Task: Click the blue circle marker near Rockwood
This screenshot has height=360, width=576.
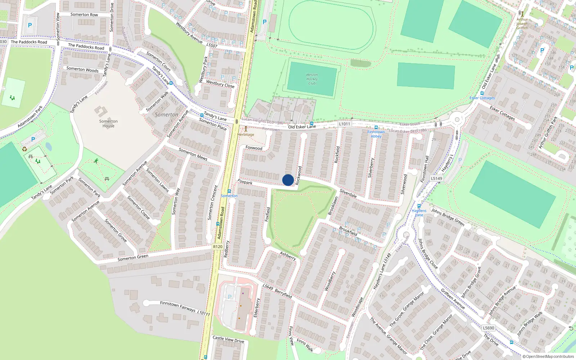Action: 288,180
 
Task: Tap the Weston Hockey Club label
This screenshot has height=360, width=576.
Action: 312,79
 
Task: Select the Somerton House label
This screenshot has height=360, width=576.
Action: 108,123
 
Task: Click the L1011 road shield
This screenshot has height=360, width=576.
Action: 344,124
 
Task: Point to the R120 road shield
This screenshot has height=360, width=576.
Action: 217,247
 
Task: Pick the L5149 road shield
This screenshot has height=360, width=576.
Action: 436,178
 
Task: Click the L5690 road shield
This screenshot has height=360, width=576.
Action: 489,328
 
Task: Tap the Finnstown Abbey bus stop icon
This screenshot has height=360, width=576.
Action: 376,127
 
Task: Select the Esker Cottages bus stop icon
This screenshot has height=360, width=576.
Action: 482,93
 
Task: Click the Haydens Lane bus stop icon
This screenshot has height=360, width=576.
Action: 419,206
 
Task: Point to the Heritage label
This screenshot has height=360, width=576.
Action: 246,135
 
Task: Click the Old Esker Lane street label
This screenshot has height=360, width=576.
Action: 302,127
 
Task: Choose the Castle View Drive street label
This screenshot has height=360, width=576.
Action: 228,339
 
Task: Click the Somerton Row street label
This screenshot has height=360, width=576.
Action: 84,15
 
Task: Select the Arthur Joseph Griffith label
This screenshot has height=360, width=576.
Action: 522,24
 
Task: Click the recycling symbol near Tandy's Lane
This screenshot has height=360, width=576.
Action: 24,149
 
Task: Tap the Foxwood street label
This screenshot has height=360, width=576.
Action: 254,148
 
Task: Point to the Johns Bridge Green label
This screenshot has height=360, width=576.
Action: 448,217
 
